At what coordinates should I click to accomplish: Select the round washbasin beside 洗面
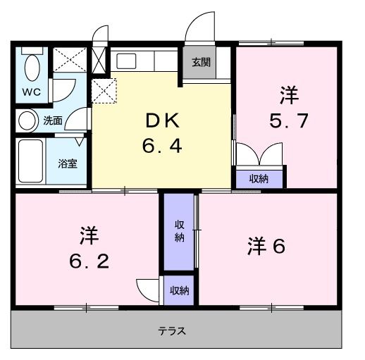click(x=27, y=121)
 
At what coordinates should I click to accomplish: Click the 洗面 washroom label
click(x=53, y=121)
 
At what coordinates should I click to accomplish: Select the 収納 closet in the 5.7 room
click(x=259, y=178)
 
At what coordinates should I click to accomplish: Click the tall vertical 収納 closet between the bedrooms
click(x=180, y=231)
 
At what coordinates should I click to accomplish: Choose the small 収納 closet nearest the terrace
click(x=180, y=290)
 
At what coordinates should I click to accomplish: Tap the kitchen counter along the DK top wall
click(x=145, y=59)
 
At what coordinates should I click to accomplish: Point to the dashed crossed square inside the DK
click(x=105, y=89)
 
